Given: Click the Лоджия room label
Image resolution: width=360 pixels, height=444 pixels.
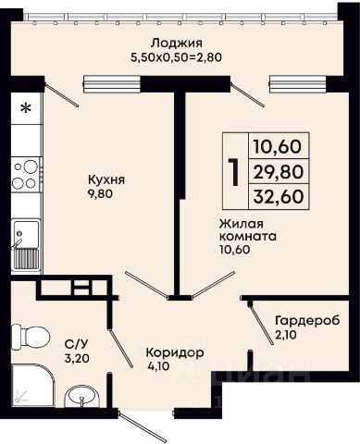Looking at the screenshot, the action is [x=177, y=43].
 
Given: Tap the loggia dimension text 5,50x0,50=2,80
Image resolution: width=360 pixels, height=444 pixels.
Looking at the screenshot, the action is [x=177, y=57].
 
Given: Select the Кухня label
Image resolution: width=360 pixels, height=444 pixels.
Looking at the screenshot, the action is [x=106, y=180].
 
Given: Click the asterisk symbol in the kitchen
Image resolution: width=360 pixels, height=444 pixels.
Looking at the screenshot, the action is [x=26, y=108].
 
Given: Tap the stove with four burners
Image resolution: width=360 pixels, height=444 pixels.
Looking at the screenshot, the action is [x=26, y=175].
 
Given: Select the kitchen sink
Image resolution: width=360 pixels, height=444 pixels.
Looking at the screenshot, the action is [x=26, y=245].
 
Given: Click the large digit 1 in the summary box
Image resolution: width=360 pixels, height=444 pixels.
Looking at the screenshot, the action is [x=235, y=172].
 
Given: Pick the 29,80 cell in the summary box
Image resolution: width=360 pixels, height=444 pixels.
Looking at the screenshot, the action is [x=279, y=172].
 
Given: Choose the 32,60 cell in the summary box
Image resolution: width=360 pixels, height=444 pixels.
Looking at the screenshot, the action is [x=279, y=196].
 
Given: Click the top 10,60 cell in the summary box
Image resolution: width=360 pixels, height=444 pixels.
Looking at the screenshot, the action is [x=279, y=146].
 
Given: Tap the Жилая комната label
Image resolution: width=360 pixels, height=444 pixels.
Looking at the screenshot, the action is [x=247, y=230].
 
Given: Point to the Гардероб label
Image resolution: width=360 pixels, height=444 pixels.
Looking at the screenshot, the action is [x=307, y=321].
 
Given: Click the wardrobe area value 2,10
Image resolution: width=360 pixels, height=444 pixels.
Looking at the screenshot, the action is [x=286, y=334].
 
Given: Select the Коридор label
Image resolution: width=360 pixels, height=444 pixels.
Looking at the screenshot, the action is [x=175, y=353].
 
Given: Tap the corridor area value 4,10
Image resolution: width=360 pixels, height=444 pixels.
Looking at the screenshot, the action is [x=158, y=366].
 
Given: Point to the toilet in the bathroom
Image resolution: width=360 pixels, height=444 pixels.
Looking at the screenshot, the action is [x=31, y=337].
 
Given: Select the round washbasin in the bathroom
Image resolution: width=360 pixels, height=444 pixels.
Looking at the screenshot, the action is [x=81, y=396].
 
